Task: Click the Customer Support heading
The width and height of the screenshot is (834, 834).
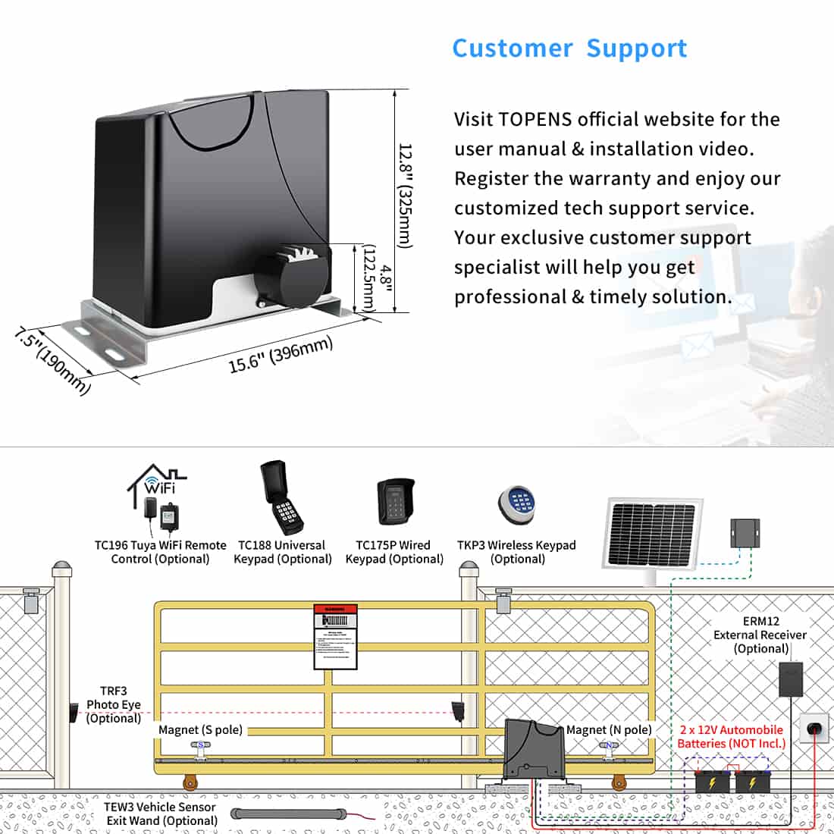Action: tap(569, 49)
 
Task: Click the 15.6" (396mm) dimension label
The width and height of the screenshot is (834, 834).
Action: tap(281, 355)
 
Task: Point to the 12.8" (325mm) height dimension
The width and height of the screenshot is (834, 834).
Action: tap(405, 196)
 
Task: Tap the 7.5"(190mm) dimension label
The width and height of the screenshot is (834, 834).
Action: tap(52, 361)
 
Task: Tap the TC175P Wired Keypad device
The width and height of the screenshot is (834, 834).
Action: tap(396, 502)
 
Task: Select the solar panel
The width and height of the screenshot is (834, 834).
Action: tap(652, 534)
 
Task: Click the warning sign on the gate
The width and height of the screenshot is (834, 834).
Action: tap(335, 637)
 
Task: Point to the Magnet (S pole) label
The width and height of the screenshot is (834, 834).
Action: tap(200, 729)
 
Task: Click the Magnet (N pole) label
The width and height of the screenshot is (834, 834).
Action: tap(609, 729)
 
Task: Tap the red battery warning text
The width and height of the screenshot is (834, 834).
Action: tap(731, 736)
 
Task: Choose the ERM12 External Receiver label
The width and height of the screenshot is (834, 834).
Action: tap(759, 635)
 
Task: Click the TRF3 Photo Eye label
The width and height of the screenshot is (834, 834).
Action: tap(113, 704)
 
